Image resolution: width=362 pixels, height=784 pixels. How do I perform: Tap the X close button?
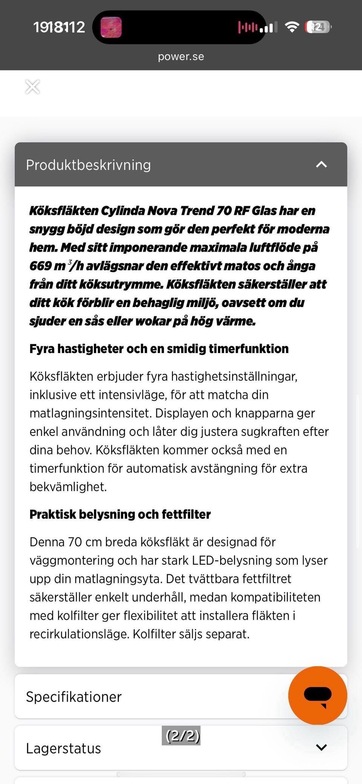pyautogui.click(x=32, y=87)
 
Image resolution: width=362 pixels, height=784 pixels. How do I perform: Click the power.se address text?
pyautogui.click(x=181, y=57)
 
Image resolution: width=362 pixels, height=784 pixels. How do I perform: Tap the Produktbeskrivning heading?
pyautogui.click(x=88, y=165)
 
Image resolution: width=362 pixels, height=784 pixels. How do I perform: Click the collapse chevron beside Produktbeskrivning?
pyautogui.click(x=321, y=164)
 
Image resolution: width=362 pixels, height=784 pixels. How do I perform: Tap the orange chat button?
pyautogui.click(x=318, y=695)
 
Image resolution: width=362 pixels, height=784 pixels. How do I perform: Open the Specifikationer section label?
pyautogui.click(x=74, y=697)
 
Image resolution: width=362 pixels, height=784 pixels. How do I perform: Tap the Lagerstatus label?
pyautogui.click(x=63, y=748)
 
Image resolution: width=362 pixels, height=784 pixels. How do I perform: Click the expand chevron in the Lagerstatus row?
pyautogui.click(x=321, y=747)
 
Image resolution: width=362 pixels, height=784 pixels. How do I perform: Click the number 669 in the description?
pyautogui.click(x=40, y=266)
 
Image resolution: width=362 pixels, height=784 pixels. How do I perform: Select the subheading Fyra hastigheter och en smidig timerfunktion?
pyautogui.click(x=159, y=349)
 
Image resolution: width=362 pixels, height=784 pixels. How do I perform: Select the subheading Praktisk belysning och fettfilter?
pyautogui.click(x=120, y=514)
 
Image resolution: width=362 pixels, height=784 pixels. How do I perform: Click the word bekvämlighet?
pyautogui.click(x=68, y=487)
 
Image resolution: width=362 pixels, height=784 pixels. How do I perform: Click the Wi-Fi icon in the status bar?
pyautogui.click(x=292, y=27)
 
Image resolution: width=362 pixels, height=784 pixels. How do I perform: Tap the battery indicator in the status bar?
pyautogui.click(x=318, y=27)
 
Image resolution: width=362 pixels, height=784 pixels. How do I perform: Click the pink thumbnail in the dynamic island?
pyautogui.click(x=111, y=27)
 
